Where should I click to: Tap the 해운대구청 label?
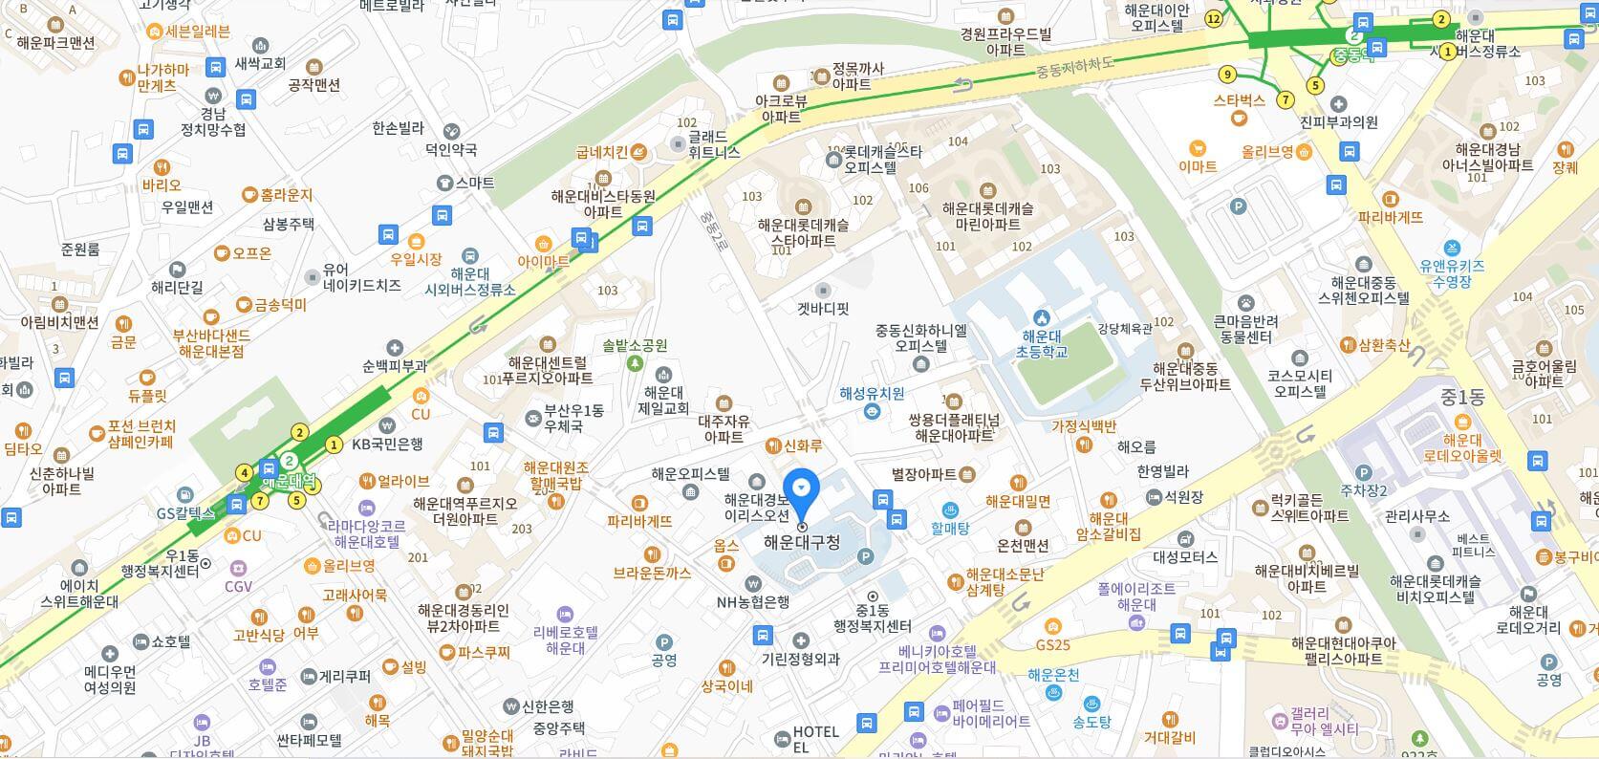(802, 542)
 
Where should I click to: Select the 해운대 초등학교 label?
(1041, 343)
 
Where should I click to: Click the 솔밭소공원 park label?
(635, 346)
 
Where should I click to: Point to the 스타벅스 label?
(1239, 99)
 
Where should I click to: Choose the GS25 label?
(1052, 645)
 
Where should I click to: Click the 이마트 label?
(1197, 165)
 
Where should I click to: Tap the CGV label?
(238, 586)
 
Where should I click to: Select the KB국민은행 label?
(387, 444)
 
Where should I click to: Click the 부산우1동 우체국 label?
(573, 418)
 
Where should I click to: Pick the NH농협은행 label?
(753, 601)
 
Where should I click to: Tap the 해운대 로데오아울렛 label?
(1462, 447)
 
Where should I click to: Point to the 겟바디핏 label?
(823, 309)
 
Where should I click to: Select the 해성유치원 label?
(872, 393)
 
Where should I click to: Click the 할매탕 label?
(950, 527)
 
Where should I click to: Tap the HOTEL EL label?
(815, 738)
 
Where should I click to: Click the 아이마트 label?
(543, 260)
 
